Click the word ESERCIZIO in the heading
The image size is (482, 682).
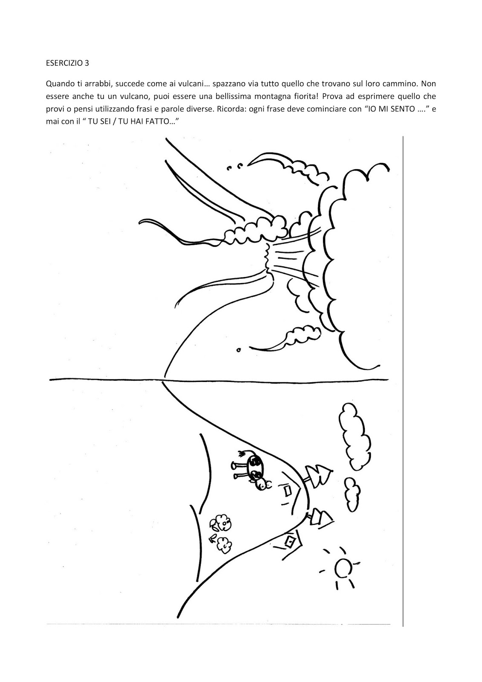[x=64, y=64]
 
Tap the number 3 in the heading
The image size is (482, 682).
[x=87, y=64]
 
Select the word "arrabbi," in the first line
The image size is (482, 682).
[x=98, y=84]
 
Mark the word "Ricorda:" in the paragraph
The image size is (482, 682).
[x=231, y=109]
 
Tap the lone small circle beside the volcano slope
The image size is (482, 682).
[x=238, y=350]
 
